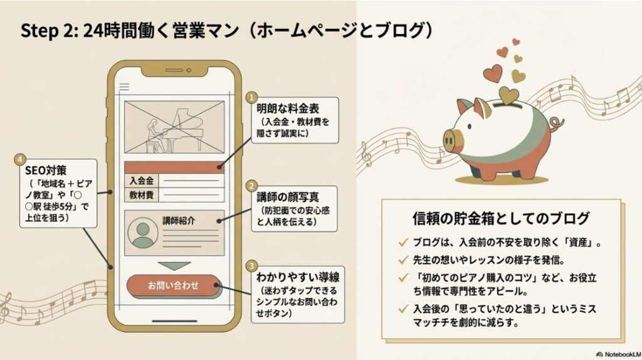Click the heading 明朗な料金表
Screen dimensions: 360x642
284,109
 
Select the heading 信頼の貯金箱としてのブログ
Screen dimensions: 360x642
500,219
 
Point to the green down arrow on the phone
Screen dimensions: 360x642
173,266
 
